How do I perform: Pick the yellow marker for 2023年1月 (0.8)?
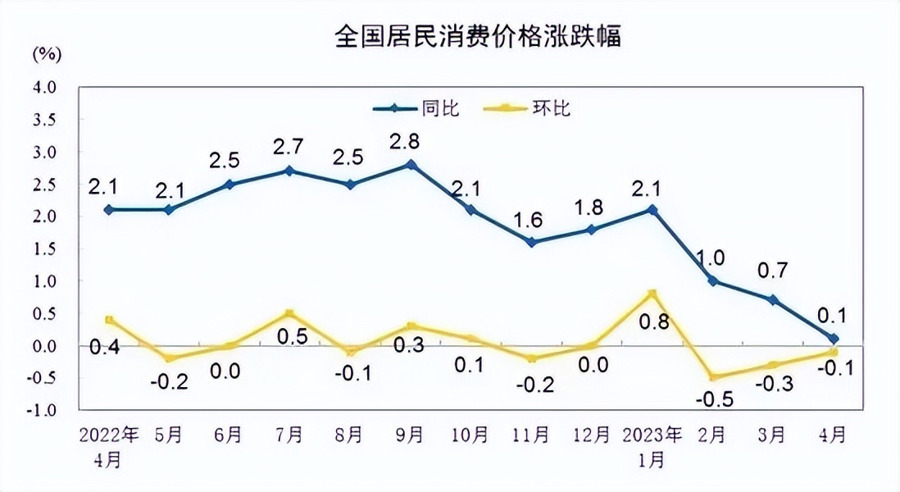[x=652, y=294]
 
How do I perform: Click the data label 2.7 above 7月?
[x=290, y=148]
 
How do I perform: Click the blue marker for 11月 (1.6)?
[x=531, y=242]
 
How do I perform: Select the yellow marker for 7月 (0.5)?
[x=290, y=313]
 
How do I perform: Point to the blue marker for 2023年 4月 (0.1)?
[x=833, y=339]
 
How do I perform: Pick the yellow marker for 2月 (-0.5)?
[x=712, y=377]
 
